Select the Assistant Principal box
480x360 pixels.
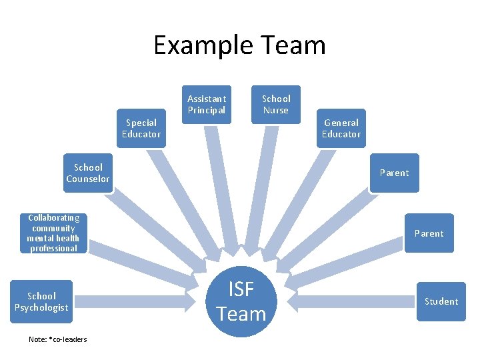pos(207,104)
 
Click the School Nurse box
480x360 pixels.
pos(276,104)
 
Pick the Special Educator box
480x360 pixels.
pos(141,128)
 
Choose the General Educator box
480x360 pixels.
pos(341,128)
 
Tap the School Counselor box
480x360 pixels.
pos(88,173)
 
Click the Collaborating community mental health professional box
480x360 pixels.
pos(53,233)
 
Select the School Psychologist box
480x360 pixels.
pos(42,301)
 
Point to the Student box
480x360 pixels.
pos(441,301)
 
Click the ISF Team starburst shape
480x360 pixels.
pos(241,302)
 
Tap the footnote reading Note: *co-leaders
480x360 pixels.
pos(58,339)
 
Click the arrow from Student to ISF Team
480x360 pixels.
pos(353,301)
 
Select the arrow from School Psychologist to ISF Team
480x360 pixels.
pos(133,301)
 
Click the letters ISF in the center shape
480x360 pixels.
pos(241,289)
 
